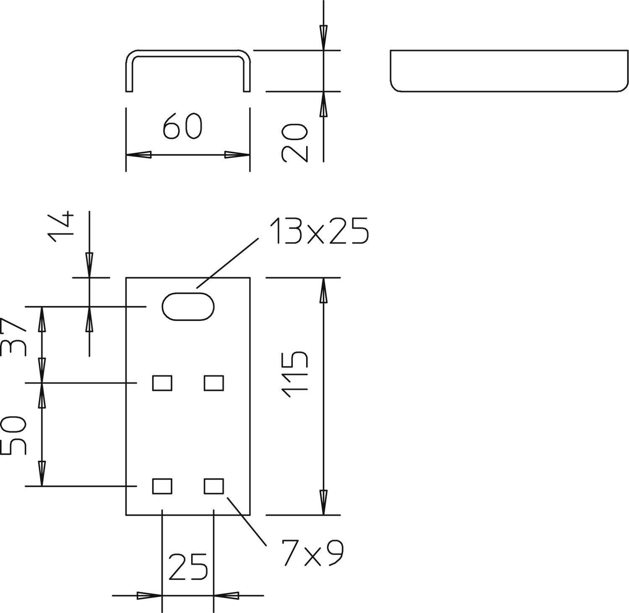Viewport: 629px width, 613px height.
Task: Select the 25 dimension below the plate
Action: (x=188, y=566)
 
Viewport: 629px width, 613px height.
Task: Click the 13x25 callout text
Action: (x=319, y=231)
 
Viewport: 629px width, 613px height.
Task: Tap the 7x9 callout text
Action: (x=312, y=553)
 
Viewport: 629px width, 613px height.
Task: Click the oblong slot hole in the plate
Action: (x=188, y=307)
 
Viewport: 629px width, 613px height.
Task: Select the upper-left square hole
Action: (x=162, y=383)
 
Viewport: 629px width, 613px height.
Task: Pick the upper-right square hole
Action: (x=214, y=383)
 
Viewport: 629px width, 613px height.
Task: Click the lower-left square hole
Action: (x=162, y=486)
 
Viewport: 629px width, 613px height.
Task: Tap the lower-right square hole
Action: (x=214, y=486)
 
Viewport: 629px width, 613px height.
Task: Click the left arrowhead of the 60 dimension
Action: (x=138, y=155)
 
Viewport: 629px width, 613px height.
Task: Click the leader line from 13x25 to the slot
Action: (x=228, y=263)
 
